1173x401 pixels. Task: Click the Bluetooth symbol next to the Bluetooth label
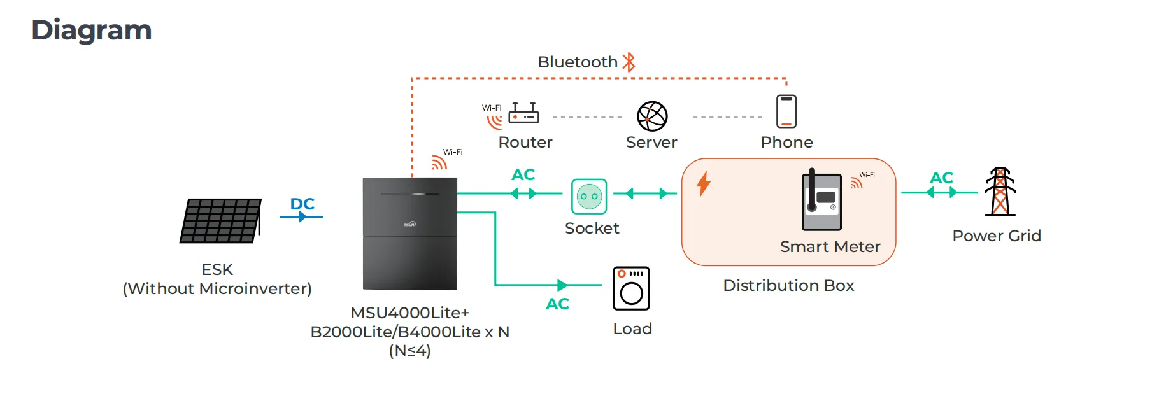tap(629, 62)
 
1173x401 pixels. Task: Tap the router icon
tap(523, 114)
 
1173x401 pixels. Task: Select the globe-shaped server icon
tap(652, 116)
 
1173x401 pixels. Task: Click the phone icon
tap(786, 111)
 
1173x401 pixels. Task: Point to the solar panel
tap(221, 220)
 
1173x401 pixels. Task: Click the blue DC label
tap(302, 204)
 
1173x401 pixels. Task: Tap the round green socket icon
tap(589, 197)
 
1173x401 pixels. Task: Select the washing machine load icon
tap(631, 288)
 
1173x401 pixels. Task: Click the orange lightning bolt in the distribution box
tap(703, 184)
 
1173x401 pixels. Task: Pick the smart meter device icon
tap(821, 200)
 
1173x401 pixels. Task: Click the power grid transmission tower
tap(1000, 192)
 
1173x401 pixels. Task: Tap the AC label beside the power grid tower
tap(941, 178)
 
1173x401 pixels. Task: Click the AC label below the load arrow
tap(557, 304)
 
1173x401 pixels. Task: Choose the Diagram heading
tap(92, 30)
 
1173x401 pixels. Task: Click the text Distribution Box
tap(788, 285)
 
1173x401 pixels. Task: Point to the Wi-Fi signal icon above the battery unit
tap(439, 162)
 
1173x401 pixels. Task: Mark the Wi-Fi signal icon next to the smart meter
tap(857, 183)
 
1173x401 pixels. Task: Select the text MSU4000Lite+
tap(409, 313)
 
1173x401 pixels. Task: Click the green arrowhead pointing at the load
tap(562, 285)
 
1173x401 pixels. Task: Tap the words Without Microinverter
tap(217, 289)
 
